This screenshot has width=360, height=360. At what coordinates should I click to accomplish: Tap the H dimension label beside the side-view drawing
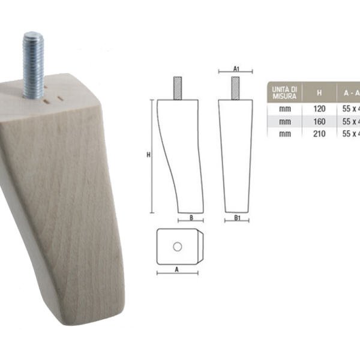click(x=148, y=155)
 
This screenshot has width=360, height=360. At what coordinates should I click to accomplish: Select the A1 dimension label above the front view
click(x=236, y=70)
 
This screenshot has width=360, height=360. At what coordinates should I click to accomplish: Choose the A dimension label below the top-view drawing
click(x=177, y=269)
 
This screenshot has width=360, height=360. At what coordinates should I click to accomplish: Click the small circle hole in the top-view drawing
click(x=177, y=247)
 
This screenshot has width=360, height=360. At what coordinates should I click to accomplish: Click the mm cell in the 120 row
click(x=284, y=110)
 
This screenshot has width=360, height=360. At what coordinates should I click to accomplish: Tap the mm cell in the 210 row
click(x=284, y=134)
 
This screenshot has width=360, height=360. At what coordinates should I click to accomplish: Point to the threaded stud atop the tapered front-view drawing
click(x=236, y=88)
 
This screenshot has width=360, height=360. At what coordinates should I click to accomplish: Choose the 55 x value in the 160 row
click(x=349, y=122)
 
